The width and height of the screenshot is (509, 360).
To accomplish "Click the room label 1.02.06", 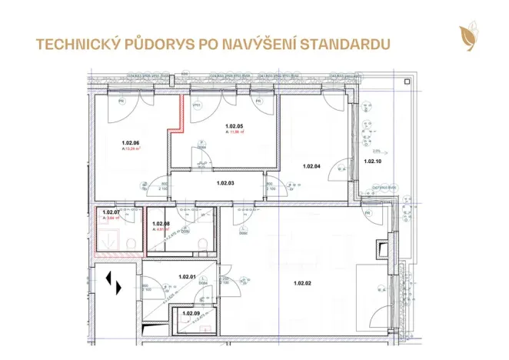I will [130, 143].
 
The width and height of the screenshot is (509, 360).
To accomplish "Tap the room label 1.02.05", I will [234, 126].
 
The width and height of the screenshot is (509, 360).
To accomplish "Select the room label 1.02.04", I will [311, 166].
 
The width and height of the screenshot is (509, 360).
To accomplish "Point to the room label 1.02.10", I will [372, 162].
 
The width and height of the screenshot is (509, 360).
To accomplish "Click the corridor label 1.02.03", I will [225, 183].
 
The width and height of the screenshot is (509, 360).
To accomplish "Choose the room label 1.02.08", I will [161, 223].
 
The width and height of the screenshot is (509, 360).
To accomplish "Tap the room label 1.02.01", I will [187, 277].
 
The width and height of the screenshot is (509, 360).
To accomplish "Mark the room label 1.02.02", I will [303, 284].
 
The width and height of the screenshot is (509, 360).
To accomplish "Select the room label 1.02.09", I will [191, 313].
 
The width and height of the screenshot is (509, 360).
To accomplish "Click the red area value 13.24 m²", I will [131, 149].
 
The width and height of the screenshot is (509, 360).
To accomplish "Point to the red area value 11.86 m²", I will [235, 132].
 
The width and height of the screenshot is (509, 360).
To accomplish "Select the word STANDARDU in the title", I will [341, 43].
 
